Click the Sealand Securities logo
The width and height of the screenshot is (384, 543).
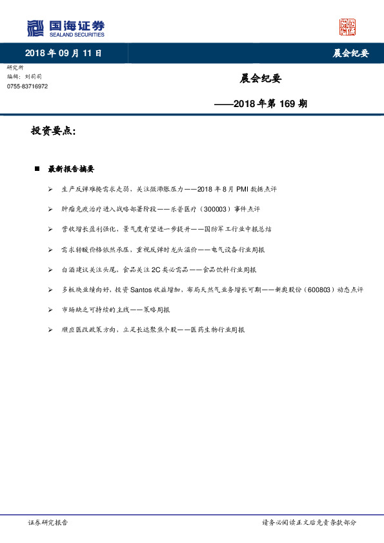point(65,28)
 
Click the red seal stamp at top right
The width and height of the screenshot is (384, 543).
point(347,27)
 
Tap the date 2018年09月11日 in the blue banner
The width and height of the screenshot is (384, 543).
point(63,54)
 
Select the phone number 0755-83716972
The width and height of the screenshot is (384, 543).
point(27,86)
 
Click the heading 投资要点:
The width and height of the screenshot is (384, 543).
point(54,131)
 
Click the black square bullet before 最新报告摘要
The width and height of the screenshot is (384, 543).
point(37,169)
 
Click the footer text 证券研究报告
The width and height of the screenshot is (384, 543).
point(48,522)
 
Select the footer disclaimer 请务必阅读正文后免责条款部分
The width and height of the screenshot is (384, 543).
point(308,522)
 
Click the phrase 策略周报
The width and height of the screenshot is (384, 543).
point(157,310)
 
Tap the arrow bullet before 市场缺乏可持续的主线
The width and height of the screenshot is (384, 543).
point(51,310)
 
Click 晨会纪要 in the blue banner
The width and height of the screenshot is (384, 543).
point(350,54)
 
